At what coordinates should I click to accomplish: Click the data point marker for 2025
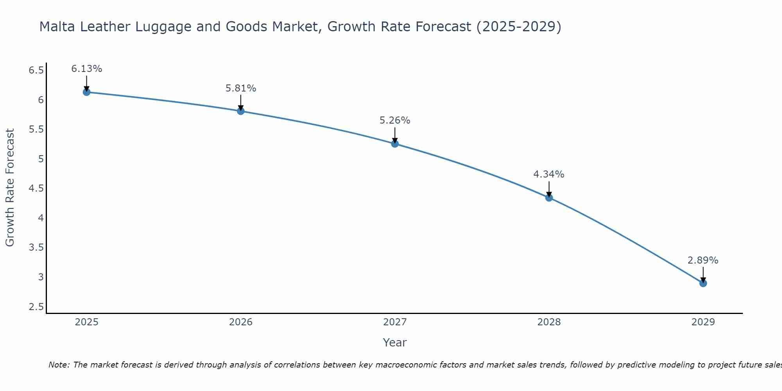86,92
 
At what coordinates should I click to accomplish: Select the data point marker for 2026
240,111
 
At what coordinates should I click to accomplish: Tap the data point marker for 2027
395,143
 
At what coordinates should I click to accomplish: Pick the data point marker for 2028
549,197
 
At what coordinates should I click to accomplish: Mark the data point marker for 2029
703,283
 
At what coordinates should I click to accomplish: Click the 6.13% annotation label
86,69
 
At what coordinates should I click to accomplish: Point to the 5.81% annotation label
240,88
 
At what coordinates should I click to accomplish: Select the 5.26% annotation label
395,120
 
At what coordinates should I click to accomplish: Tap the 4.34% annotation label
549,174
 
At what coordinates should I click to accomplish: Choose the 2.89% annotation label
703,260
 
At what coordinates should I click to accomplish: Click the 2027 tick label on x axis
395,322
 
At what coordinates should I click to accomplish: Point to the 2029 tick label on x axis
703,322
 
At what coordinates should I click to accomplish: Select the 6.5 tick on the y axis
36,70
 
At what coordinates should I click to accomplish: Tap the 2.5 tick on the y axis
36,307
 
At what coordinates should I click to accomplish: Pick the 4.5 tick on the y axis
36,188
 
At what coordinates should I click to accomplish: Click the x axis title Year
395,343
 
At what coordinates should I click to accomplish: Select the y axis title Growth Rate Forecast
10,188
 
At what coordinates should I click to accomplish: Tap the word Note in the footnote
59,365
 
